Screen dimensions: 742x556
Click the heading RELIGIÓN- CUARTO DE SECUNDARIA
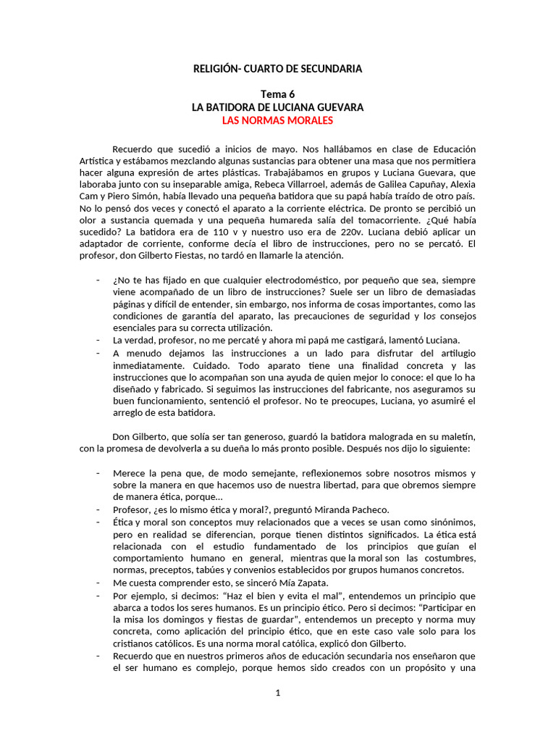pos(277,69)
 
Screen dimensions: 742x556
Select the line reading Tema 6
pos(277,94)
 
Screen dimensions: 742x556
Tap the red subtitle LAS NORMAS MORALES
pos(277,120)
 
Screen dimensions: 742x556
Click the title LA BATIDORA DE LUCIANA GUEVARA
pos(277,107)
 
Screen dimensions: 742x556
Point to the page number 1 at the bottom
pos(277,693)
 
